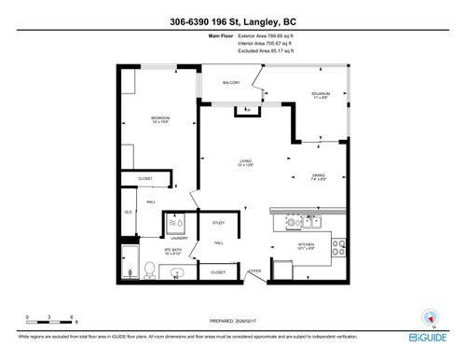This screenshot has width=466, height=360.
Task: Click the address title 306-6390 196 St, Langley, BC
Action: (x=232, y=21)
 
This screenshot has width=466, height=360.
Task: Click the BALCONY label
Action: (x=231, y=83)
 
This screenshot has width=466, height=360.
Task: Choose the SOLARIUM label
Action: (x=321, y=95)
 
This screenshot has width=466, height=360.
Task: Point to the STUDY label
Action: (x=218, y=223)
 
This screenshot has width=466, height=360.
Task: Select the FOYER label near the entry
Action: (x=253, y=272)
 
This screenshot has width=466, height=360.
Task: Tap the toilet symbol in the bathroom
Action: (x=148, y=269)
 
